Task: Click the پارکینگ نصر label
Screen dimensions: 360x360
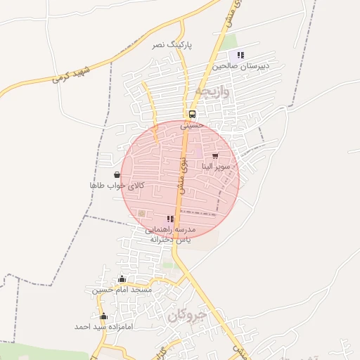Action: [172, 44]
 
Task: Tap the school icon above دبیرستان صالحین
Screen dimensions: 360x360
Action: [240, 55]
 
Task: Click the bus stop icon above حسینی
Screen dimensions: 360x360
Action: [192, 114]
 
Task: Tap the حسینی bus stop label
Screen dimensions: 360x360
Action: [191, 125]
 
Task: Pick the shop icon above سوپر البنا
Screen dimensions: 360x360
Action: [214, 155]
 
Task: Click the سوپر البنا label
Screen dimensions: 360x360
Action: [214, 167]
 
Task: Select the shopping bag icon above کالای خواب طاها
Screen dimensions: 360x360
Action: [117, 174]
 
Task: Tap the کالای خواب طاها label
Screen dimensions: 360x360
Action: [117, 185]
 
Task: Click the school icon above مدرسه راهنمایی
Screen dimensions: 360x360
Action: [170, 219]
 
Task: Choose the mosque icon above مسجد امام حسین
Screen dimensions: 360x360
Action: [122, 279]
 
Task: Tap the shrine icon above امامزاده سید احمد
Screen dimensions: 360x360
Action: [104, 316]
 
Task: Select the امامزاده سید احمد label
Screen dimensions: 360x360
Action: [103, 327]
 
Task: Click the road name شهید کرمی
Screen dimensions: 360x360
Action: [72, 75]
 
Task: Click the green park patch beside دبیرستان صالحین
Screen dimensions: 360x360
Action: [230, 42]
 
